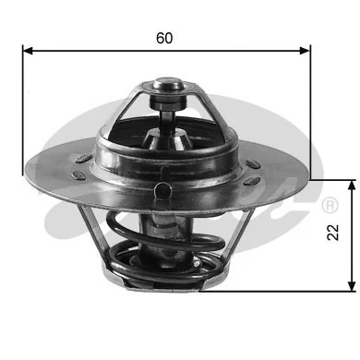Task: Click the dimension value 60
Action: pyautogui.click(x=165, y=38)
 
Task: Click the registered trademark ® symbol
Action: pyautogui.click(x=328, y=203)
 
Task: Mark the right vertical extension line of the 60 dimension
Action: pyautogui.click(x=311, y=111)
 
